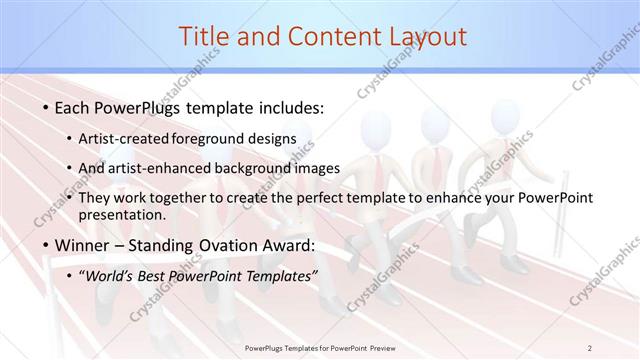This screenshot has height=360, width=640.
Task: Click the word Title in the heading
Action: [x=206, y=37]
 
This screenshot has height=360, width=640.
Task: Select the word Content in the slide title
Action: [x=326, y=37]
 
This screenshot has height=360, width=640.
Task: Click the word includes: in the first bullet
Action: [x=290, y=107]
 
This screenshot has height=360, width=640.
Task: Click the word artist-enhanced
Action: [x=165, y=168]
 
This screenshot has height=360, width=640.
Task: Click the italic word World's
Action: [x=111, y=276]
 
